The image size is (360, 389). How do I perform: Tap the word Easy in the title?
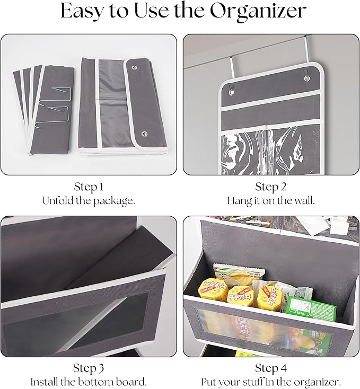click(84, 12)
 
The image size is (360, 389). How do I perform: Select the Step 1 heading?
click(89, 188)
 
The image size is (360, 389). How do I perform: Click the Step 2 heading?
click(271, 188)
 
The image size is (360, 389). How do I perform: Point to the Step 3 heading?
click(89, 368)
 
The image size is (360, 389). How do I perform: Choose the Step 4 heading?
click(271, 368)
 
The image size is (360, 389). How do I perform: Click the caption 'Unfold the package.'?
click(89, 201)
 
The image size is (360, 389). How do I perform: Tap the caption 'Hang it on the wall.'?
click(271, 201)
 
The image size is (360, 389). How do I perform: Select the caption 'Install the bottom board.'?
click(89, 382)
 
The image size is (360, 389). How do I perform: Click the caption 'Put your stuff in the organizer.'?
click(271, 382)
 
